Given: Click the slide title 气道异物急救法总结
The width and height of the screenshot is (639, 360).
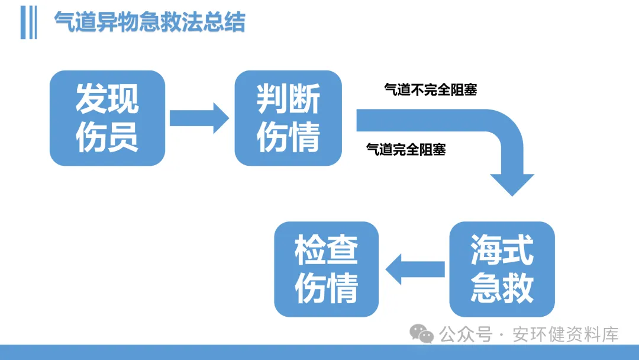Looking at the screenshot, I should pyautogui.click(x=150, y=23).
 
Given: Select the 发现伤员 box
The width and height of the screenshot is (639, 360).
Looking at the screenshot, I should pyautogui.click(x=107, y=118).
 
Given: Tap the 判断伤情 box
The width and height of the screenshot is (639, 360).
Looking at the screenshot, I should pyautogui.click(x=288, y=118).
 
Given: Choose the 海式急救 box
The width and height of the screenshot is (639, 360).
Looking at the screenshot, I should pyautogui.click(x=502, y=269).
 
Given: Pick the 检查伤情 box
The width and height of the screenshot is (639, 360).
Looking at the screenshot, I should pyautogui.click(x=326, y=269).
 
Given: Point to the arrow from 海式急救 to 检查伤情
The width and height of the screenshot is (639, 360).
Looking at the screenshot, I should pyautogui.click(x=415, y=269).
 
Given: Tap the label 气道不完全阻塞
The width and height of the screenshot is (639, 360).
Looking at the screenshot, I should pyautogui.click(x=430, y=90).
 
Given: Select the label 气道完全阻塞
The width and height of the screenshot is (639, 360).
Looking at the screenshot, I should pyautogui.click(x=406, y=149).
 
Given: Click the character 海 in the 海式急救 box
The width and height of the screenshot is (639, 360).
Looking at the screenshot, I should pyautogui.click(x=486, y=250).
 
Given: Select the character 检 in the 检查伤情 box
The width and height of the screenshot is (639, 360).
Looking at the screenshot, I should pyautogui.click(x=311, y=250).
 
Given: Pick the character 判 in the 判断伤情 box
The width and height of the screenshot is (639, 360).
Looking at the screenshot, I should pyautogui.click(x=272, y=99).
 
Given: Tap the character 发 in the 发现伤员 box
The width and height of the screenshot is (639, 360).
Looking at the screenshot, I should pyautogui.click(x=91, y=99).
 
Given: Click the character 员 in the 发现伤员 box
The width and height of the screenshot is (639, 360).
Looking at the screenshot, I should pyautogui.click(x=123, y=137).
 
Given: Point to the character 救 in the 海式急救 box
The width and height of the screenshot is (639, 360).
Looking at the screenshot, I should pyautogui.click(x=518, y=288).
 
